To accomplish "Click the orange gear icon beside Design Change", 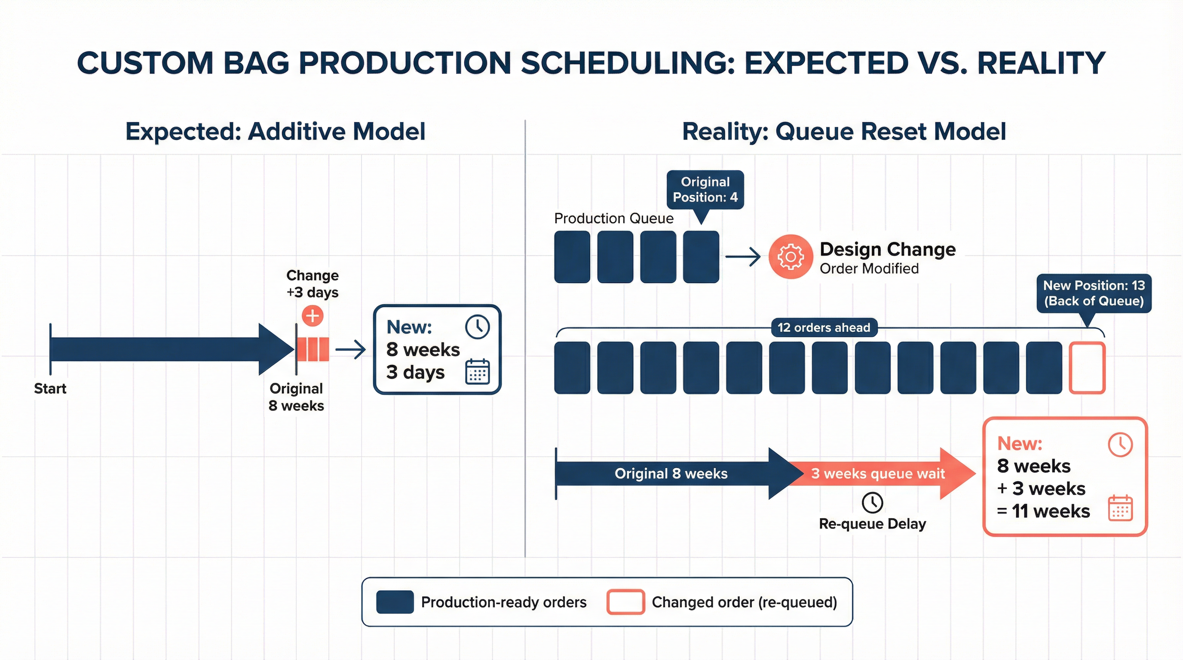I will (x=791, y=257).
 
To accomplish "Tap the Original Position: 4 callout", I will (x=705, y=189).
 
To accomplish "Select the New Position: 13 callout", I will (x=1094, y=293).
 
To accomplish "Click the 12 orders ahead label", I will (x=824, y=328).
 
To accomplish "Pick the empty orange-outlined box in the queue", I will (x=1087, y=368).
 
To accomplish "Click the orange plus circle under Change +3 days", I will (x=312, y=316).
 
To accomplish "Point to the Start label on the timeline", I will (x=50, y=388).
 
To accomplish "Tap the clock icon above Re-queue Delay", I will (x=872, y=503).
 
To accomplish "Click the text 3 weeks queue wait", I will (x=878, y=473).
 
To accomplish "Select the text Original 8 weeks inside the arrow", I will (x=671, y=473).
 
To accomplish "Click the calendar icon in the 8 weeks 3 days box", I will (x=477, y=371).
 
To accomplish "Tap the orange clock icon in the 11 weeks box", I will (x=1120, y=444).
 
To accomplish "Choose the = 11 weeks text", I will (x=1043, y=511).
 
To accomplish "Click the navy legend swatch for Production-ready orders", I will (x=395, y=602).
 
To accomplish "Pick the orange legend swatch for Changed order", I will (x=625, y=602).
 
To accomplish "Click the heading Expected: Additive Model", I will (x=275, y=132).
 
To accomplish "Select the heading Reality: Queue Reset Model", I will (x=844, y=132).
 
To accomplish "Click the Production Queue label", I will (x=613, y=218).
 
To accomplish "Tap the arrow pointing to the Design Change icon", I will (x=742, y=257).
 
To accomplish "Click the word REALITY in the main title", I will (x=1041, y=63).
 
